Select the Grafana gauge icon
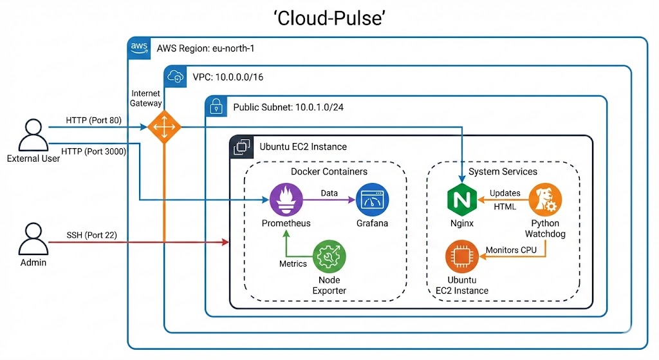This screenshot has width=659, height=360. (372, 200)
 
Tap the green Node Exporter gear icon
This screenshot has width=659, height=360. (329, 258)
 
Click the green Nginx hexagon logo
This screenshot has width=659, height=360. (461, 200)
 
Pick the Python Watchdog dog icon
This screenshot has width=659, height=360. (545, 200)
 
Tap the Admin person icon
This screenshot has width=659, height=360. (33, 239)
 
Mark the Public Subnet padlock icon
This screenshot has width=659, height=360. (216, 107)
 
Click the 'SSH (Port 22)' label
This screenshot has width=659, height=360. (91, 235)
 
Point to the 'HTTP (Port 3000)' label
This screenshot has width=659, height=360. (93, 151)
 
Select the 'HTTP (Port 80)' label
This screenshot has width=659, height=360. (93, 120)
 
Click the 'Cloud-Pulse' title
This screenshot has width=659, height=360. (329, 19)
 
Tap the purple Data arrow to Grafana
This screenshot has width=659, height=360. (328, 200)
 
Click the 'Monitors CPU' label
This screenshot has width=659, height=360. (512, 250)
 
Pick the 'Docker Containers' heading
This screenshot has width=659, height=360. (329, 171)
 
